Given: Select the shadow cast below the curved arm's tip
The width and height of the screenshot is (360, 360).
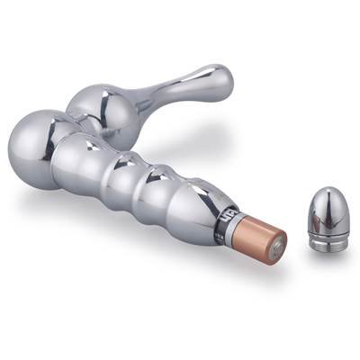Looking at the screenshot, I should coord(211,112).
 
